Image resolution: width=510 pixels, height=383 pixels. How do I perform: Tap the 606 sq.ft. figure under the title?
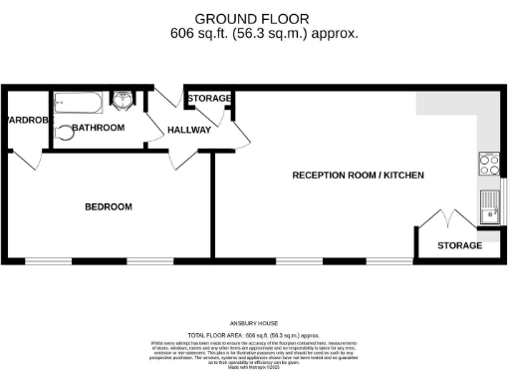coord(200,33)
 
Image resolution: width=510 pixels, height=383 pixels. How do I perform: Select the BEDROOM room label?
coord(108,206)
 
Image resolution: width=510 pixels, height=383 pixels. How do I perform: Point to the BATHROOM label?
coord(97,128)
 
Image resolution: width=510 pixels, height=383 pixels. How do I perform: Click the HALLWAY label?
coord(188,130)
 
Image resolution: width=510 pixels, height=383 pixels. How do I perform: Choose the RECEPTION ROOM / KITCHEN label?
coord(358,175)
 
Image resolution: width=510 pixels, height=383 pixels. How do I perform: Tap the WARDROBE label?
coord(22,119)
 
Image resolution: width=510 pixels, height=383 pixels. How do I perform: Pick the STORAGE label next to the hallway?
coord(209,99)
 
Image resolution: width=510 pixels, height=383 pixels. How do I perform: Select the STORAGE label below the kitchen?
coord(459,245)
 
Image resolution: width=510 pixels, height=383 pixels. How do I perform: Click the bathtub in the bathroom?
coord(77,101)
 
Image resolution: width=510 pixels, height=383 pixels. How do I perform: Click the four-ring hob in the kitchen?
coord(489,162)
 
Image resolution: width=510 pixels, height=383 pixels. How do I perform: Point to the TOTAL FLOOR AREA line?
coord(254,335)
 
